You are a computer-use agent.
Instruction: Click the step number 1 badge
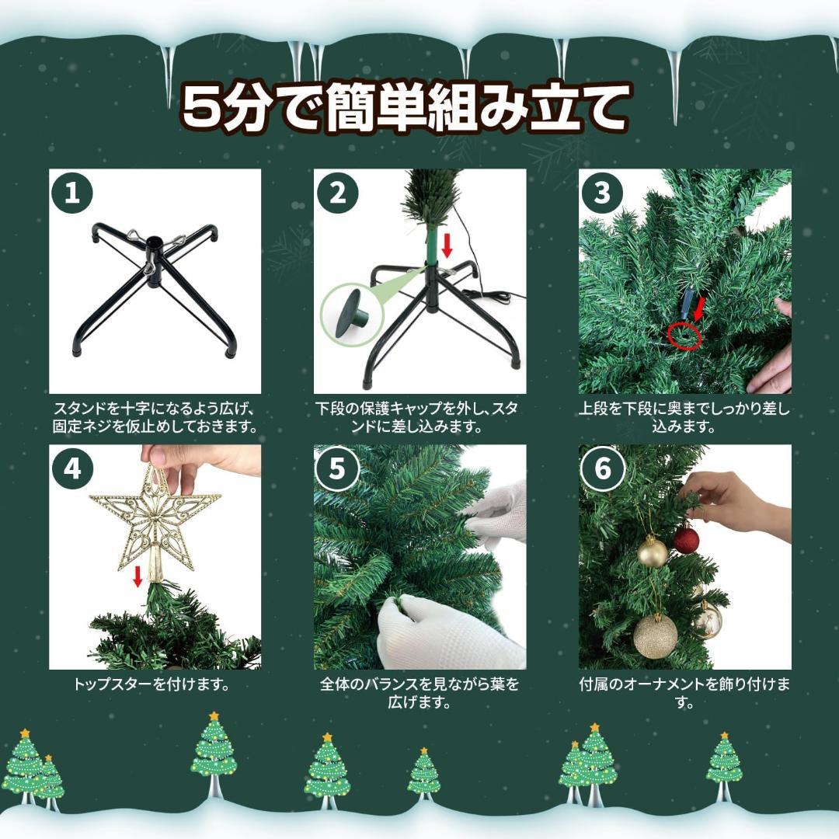72,193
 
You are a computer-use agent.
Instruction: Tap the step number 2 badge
338,193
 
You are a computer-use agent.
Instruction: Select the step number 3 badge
603,193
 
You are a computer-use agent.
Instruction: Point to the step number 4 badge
72,468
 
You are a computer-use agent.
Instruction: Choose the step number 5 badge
338,468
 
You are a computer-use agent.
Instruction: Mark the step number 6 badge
603,468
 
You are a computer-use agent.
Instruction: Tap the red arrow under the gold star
138,576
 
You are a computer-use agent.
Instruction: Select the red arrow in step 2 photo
447,245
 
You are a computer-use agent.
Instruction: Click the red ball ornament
685,540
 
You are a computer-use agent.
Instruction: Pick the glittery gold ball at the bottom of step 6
655,636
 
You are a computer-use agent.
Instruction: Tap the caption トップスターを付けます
154,685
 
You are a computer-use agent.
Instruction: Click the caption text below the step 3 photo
684,418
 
